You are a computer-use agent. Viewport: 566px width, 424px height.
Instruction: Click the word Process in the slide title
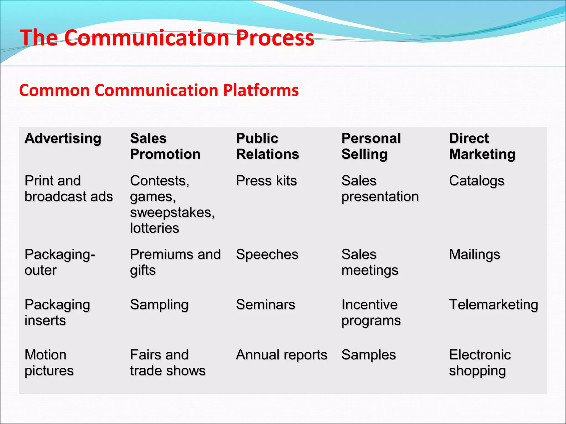[x=275, y=38]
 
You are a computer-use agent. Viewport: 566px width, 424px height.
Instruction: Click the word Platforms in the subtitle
[x=261, y=90]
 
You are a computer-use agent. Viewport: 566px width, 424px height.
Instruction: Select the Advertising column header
[x=63, y=138]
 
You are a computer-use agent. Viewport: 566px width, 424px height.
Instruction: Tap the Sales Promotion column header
[x=165, y=146]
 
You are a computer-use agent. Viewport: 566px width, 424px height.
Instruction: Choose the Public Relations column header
[x=267, y=146]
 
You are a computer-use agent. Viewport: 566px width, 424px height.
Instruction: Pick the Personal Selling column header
[x=371, y=146]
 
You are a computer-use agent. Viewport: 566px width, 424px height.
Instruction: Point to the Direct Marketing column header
[x=482, y=146]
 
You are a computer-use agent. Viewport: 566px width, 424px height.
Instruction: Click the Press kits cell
[x=266, y=181]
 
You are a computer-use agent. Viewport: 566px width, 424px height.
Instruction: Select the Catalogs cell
[x=476, y=181]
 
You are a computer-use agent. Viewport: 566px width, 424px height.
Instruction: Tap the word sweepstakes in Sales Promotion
[x=172, y=213]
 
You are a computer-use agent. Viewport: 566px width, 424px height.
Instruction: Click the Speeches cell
[x=267, y=254]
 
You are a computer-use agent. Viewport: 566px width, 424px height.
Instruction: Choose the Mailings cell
[x=475, y=254]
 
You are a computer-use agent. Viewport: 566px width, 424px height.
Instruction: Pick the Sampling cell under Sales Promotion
[x=159, y=305]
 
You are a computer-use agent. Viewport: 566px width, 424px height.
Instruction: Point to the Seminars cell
[x=265, y=304]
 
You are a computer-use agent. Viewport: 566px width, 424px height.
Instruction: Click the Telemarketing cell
[x=494, y=304]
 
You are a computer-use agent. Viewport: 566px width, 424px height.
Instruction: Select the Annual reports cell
[x=281, y=355]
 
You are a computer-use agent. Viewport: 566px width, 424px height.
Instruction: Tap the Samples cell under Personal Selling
[x=369, y=355]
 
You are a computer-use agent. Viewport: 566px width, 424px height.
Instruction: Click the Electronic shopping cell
[x=480, y=362]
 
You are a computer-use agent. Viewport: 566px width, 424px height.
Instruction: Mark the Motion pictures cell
[x=49, y=362]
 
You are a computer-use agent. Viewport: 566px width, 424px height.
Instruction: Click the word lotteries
[x=154, y=228]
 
